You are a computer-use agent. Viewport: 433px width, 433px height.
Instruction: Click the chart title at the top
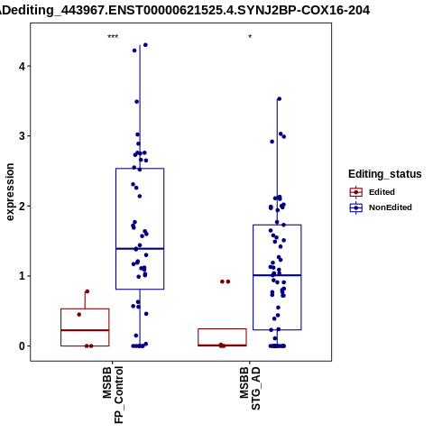[x=185, y=10]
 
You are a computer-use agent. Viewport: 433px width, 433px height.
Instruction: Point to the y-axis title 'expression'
[x=10, y=192]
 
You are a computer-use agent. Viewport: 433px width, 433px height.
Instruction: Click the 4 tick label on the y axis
[x=22, y=66]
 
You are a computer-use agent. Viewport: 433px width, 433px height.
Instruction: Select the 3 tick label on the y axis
[x=22, y=136]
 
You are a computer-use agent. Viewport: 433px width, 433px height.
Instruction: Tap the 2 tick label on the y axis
[x=22, y=206]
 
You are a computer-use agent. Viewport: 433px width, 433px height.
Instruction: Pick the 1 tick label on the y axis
[x=22, y=276]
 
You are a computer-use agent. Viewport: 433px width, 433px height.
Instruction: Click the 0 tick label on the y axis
[x=22, y=346]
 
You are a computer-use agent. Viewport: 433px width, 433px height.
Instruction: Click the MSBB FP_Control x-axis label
[x=113, y=395]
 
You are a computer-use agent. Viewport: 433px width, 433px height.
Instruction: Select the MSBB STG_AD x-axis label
[x=250, y=388]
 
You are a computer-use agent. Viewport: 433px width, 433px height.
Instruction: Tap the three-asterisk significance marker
[x=113, y=37]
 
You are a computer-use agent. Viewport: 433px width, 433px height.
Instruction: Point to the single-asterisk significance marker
[x=250, y=37]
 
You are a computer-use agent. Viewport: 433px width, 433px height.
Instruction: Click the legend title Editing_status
[x=385, y=174]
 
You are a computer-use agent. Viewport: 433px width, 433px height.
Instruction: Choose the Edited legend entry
[x=373, y=192]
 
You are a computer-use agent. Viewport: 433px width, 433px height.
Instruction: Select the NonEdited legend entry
[x=381, y=207]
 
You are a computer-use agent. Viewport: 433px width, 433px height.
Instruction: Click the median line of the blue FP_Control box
[x=140, y=249]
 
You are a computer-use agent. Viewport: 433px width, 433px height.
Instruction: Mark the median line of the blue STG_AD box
[x=277, y=275]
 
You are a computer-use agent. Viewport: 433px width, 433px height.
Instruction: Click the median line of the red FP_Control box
[x=85, y=330]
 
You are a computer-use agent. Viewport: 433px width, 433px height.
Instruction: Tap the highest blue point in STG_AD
[x=279, y=99]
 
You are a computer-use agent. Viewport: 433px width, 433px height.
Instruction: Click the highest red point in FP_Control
[x=88, y=291]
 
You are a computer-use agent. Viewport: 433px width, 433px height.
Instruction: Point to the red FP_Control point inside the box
[x=79, y=315]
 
